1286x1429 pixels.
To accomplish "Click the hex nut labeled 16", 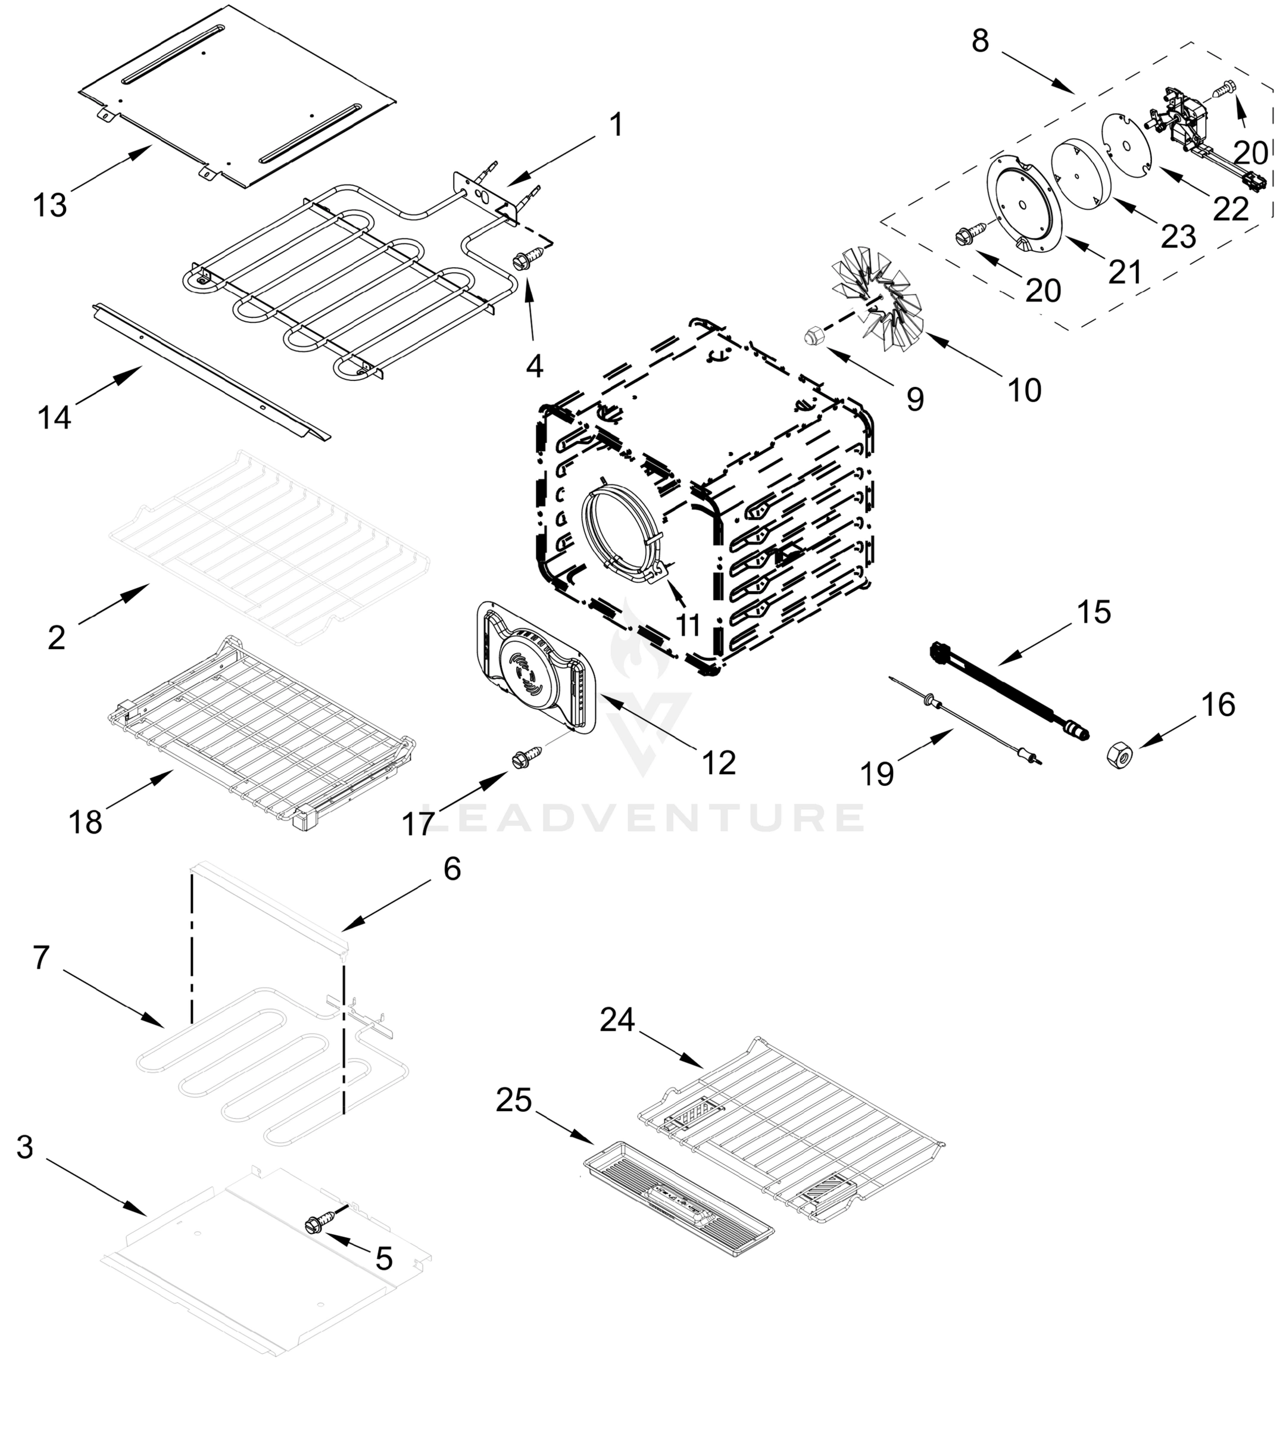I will click(x=1119, y=756).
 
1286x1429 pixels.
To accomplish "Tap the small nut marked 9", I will click(x=813, y=336).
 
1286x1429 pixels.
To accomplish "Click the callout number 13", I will click(x=49, y=205).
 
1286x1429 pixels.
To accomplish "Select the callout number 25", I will click(x=514, y=1100).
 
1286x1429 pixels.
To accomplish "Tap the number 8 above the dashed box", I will click(x=980, y=41).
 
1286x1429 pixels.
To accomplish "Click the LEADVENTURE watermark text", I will click(x=643, y=818).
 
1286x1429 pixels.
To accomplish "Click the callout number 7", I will click(x=41, y=957).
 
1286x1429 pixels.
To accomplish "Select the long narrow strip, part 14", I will click(x=212, y=371).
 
